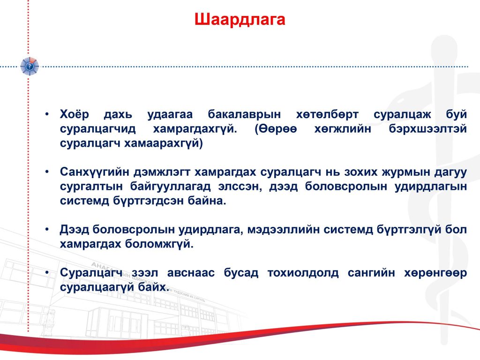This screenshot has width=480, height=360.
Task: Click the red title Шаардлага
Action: (240, 20)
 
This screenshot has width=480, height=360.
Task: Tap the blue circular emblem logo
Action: (30, 66)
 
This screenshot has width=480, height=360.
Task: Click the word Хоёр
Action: (75, 114)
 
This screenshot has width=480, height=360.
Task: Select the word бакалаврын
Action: (244, 114)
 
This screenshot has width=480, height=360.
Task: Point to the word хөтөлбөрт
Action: (327, 114)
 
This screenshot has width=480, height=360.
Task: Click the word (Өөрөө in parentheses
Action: (276, 129)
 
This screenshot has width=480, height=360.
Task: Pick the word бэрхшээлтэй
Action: (427, 129)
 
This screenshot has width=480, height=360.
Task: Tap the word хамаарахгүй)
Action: (164, 143)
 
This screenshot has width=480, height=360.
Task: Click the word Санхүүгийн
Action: (95, 172)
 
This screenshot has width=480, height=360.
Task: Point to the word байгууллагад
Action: (171, 187)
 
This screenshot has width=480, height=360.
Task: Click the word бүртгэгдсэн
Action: (148, 201)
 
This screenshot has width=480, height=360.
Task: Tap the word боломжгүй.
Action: (159, 244)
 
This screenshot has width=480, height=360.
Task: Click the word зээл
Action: (145, 272)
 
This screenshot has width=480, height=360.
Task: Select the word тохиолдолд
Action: (303, 273)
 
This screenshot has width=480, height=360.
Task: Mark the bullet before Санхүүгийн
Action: (47, 172)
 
